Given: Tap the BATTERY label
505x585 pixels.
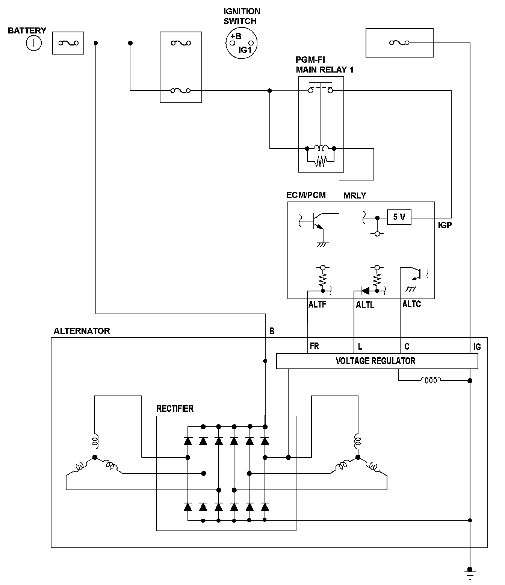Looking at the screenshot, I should [27, 30].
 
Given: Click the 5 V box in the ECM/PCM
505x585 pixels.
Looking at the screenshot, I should [399, 217].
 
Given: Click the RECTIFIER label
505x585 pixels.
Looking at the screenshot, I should [175, 408].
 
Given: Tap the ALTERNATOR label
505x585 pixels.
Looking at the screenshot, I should [82, 331].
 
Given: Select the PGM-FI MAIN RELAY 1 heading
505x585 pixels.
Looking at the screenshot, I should [325, 65].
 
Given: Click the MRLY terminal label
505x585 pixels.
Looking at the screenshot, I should [355, 196].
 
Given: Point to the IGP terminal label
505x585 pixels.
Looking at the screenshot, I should [445, 225].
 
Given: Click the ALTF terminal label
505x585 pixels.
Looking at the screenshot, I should [317, 305].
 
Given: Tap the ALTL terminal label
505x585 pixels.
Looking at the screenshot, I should [365, 305].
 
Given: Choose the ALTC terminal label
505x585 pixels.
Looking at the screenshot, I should [411, 304].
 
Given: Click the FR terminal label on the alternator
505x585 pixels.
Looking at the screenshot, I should [314, 346].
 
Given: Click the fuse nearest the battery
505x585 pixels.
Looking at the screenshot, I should [68, 43].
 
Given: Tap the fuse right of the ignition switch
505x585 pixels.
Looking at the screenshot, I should [399, 43].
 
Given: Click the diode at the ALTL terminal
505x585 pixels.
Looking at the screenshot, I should [364, 291].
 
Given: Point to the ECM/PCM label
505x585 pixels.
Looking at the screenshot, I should [306, 195].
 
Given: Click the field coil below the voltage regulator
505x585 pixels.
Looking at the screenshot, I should [431, 380].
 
